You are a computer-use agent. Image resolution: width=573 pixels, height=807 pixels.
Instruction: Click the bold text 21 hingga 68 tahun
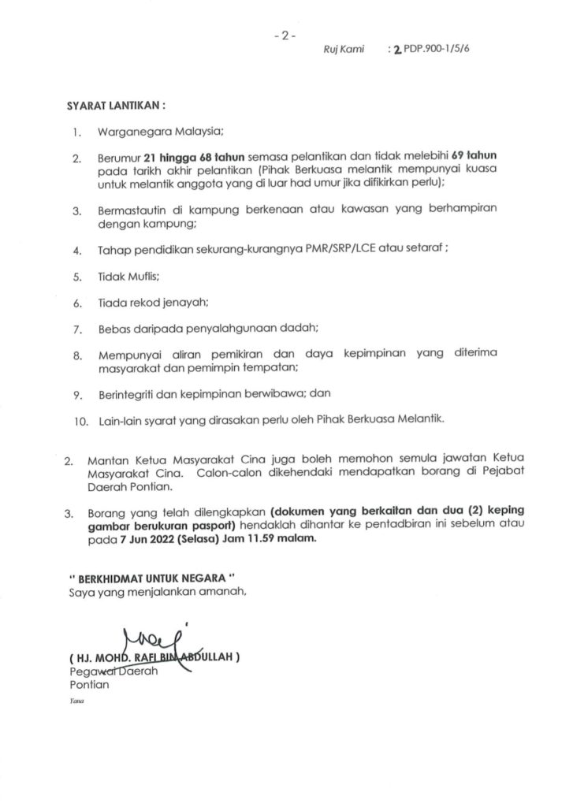188,157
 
